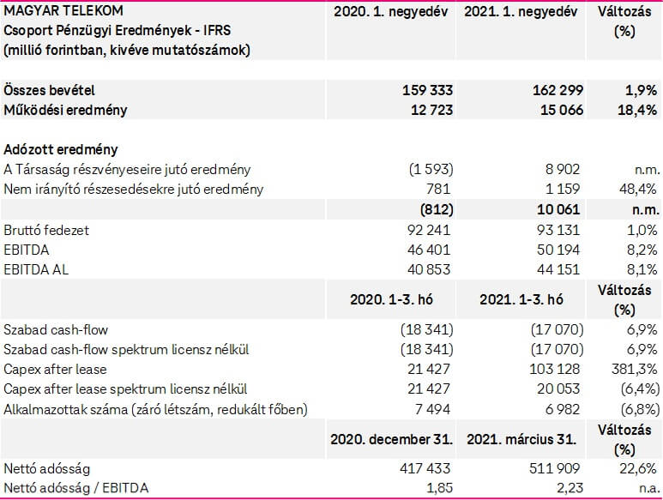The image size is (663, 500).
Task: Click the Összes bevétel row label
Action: coord(49,90)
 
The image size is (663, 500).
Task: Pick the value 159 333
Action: coord(427,90)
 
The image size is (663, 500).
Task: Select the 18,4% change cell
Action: coord(636,110)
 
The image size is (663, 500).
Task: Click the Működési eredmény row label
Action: coord(66,110)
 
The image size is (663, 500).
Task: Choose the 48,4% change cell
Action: coord(637,190)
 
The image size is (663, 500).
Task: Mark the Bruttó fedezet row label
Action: coord(47,230)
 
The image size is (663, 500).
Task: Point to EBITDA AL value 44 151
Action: coord(558,269)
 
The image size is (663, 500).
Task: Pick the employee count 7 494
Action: coord(433,408)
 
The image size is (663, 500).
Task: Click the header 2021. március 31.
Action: coord(524,438)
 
